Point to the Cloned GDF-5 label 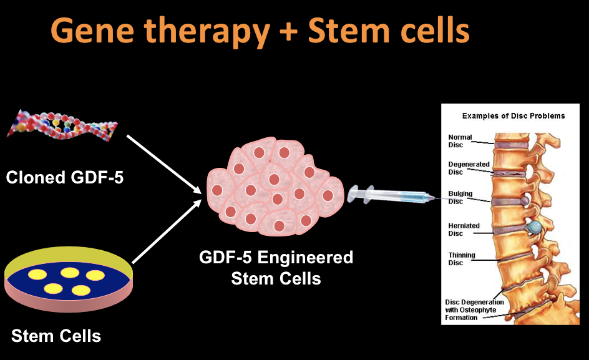click(65, 178)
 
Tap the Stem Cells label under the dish click(56, 336)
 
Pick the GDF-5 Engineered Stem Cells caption click(276, 267)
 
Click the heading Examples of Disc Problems click(513, 115)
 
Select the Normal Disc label click(460, 141)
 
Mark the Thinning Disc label click(461, 259)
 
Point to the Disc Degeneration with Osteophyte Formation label click(474, 309)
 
